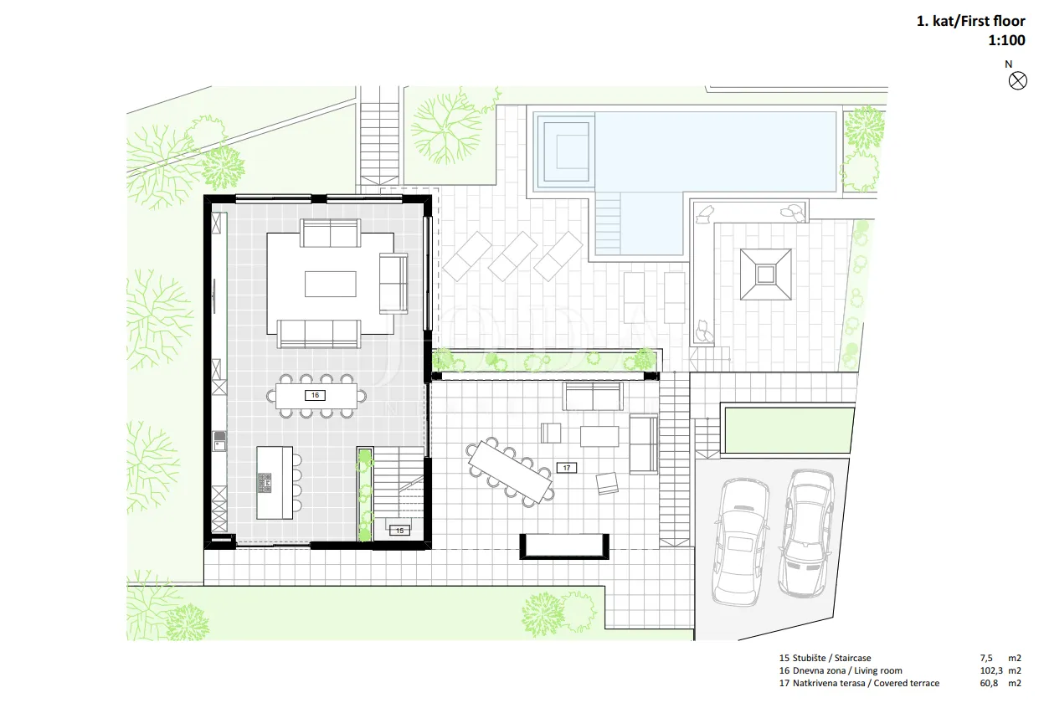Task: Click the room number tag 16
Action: tap(315, 396)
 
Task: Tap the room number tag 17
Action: tap(566, 468)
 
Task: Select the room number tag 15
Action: tap(399, 530)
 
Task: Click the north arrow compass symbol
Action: tap(1017, 81)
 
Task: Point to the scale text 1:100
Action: tap(1006, 40)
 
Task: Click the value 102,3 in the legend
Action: tap(991, 670)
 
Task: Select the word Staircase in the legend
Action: tap(852, 658)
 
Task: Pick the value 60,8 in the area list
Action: tap(989, 684)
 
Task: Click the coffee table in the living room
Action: tap(331, 284)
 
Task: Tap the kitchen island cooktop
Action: tap(265, 483)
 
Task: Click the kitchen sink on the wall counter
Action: tap(219, 441)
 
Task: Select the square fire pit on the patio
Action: tap(765, 274)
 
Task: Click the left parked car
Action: tap(741, 542)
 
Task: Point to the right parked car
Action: tap(807, 534)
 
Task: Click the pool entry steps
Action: tap(608, 223)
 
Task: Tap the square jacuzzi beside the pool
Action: tap(566, 151)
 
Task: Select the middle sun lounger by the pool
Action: tap(512, 256)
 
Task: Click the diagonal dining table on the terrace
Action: tap(511, 472)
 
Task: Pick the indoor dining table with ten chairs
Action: tap(316, 396)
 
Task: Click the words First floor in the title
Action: tap(998, 21)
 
